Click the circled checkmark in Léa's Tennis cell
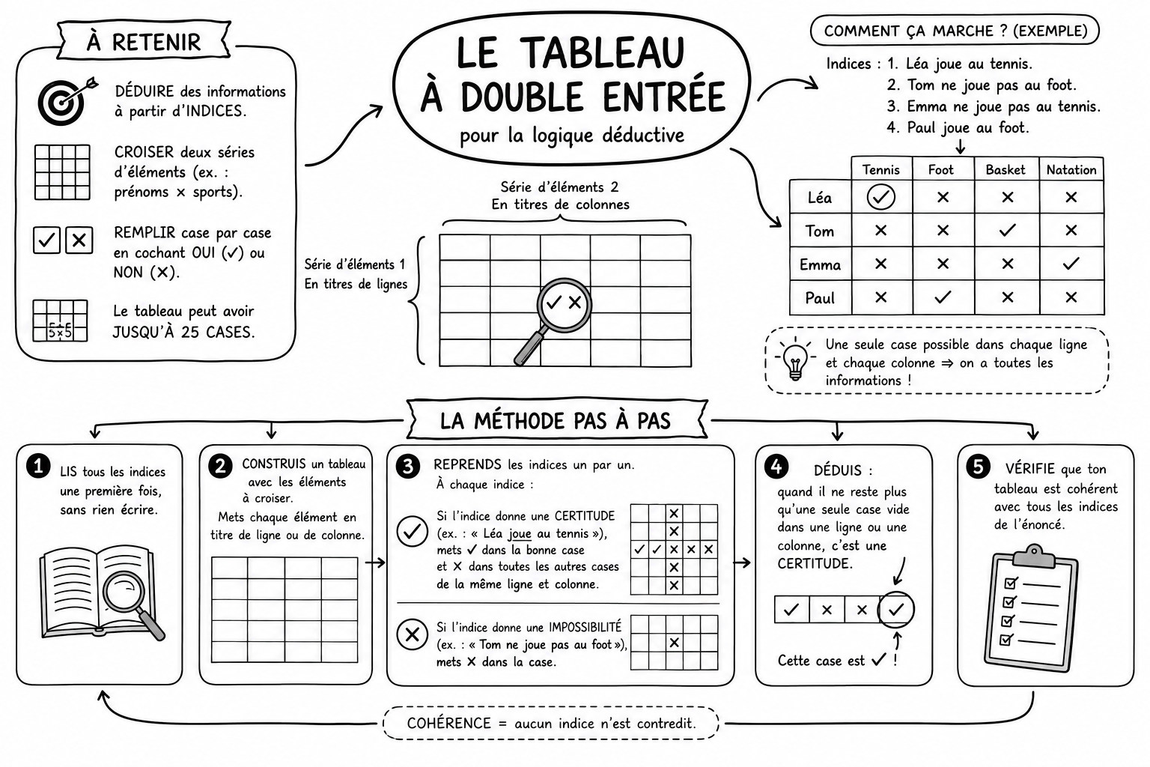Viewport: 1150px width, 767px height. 880,197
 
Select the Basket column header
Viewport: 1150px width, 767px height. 1006,170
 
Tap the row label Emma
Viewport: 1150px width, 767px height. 820,264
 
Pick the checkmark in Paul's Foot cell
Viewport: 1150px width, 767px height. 943,297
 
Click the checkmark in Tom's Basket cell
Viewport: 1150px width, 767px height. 1007,230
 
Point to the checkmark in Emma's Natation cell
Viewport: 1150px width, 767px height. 1071,264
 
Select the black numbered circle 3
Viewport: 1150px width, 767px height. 408,467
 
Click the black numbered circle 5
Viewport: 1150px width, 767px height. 978,467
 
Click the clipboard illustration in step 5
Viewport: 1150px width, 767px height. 1031,608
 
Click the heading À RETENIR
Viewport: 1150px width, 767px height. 143,42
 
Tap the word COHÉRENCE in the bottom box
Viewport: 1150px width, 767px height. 448,724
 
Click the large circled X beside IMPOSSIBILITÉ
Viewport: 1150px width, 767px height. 413,634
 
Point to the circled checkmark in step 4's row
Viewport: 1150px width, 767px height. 896,610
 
